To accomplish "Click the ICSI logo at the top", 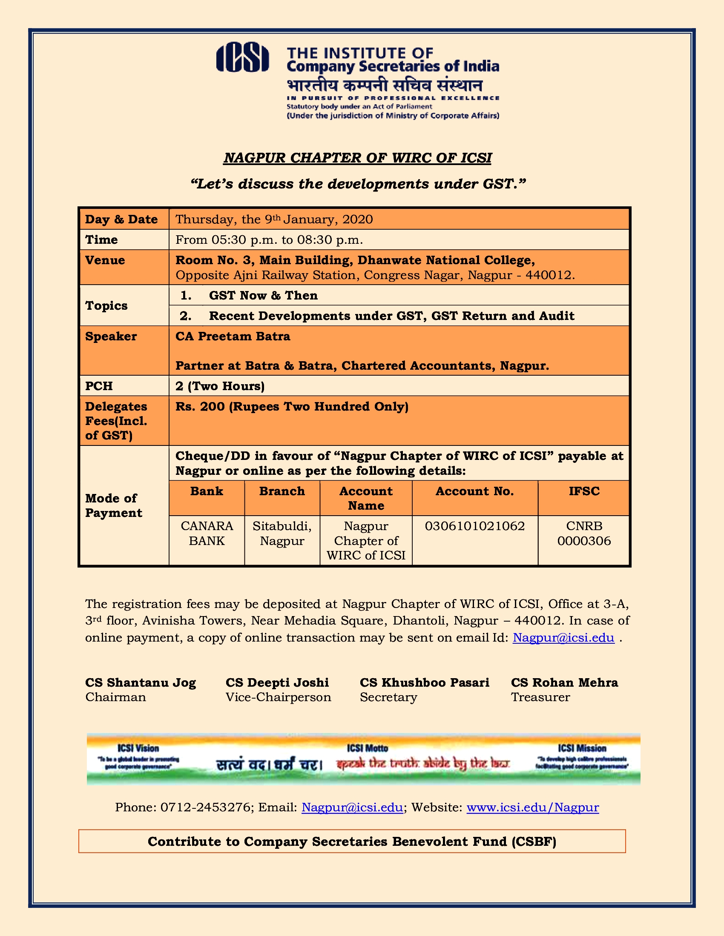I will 242,57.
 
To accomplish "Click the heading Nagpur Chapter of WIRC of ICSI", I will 357,158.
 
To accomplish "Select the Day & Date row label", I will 121,220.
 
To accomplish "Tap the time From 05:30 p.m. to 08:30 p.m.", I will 269,240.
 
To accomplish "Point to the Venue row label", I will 105,260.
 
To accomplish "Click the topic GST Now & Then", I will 263,295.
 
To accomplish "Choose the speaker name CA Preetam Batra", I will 233,337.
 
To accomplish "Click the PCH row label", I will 99,386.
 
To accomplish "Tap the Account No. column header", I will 474,491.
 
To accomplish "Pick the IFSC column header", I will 584,491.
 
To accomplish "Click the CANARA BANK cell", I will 207,533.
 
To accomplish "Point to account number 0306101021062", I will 474,526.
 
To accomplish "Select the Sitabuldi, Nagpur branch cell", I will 282,533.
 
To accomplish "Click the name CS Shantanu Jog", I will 140,682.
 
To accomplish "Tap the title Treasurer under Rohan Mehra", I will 540,697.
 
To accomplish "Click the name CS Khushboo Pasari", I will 424,682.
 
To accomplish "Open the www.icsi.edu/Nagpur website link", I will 532,808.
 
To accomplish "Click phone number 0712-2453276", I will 205,808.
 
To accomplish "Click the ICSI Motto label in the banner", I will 367,748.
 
